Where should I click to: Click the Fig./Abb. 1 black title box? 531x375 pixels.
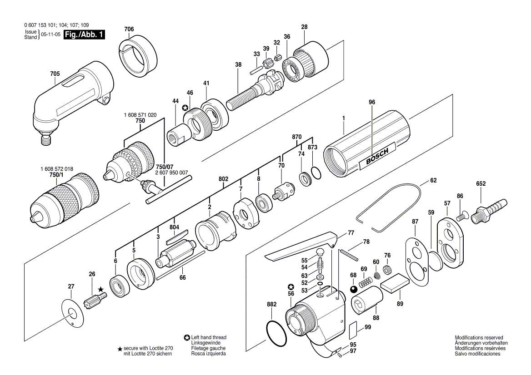[x=84, y=35]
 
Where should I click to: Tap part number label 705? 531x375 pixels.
[x=55, y=74]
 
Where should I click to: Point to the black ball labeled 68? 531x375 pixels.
[x=354, y=290]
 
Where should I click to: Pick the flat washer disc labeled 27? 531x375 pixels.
[x=72, y=313]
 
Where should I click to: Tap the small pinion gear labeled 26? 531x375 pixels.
[x=95, y=299]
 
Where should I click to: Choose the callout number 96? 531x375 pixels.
[x=372, y=102]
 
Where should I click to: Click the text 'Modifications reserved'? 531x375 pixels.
[x=479, y=337]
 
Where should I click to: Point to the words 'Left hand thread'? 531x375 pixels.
[x=209, y=337]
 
